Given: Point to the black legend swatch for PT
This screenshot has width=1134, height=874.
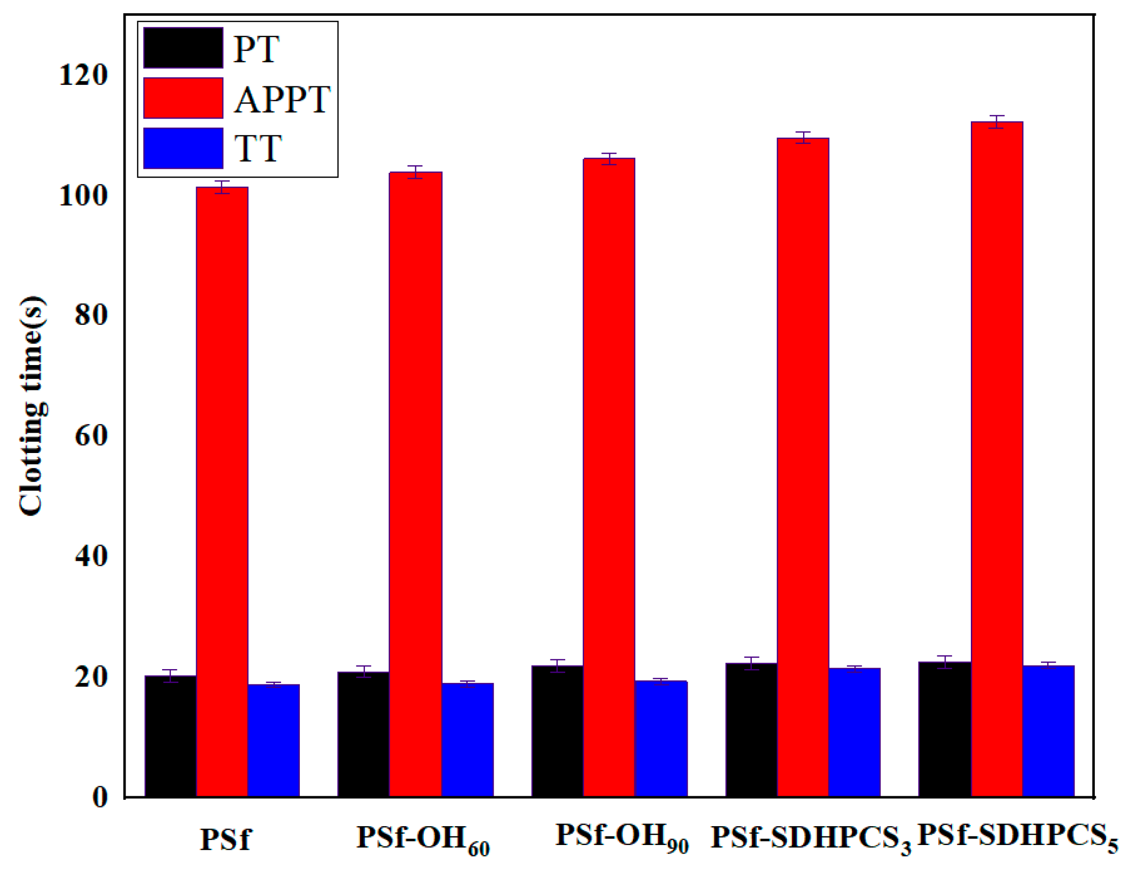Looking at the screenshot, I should click(183, 48).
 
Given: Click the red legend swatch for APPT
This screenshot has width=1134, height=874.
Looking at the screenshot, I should click(183, 98).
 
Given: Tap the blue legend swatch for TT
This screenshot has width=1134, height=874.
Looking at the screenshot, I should click(183, 148).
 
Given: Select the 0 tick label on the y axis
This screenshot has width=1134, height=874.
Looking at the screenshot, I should click(100, 797).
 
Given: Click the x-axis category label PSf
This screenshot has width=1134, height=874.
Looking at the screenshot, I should click(225, 839).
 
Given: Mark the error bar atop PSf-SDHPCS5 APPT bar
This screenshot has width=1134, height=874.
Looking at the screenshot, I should click(996, 122).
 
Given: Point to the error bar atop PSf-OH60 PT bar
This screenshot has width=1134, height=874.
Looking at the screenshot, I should click(363, 672).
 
